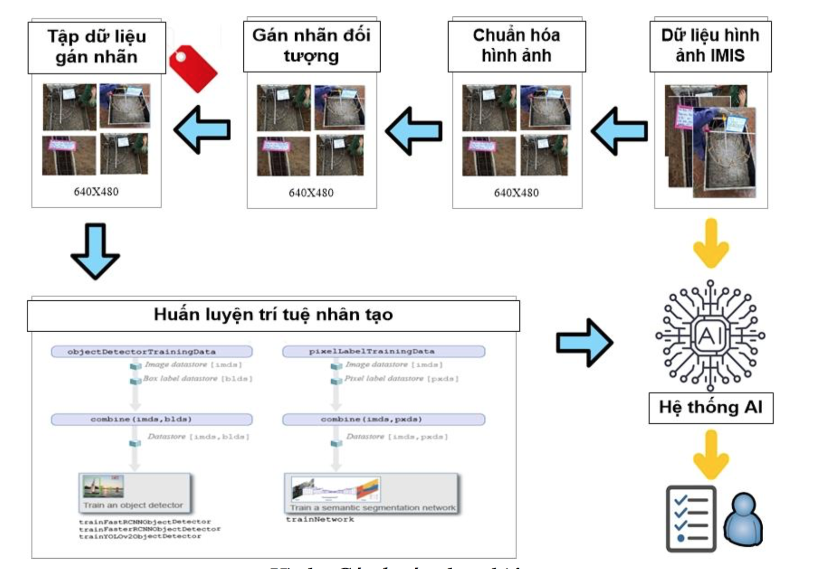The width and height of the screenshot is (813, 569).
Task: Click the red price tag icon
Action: coord(192,69)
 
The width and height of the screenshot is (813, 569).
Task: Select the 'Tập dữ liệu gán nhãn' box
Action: coord(97,47)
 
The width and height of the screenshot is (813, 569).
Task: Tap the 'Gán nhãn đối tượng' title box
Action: coord(311,46)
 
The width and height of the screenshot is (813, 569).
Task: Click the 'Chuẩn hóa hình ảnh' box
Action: coord(516,46)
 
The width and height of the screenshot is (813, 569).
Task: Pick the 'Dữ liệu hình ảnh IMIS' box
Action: coord(710,46)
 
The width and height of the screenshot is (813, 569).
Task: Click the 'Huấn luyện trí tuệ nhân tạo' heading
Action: coord(273,315)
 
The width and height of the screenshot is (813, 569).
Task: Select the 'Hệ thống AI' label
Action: coord(710,407)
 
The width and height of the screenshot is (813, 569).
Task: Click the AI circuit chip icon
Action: coord(710,335)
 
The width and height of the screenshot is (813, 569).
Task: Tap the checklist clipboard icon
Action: coord(691,519)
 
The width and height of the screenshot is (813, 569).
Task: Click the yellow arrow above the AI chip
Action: coord(711,243)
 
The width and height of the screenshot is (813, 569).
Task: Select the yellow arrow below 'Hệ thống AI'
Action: coord(711,454)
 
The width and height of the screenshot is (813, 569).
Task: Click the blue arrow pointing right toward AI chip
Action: coord(584,342)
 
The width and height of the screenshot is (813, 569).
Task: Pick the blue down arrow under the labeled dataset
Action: coord(95,251)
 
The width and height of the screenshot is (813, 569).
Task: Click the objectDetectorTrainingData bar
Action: coord(151,352)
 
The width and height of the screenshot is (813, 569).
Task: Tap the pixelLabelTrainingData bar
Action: coord(383,351)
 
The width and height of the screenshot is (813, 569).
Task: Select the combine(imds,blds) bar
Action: coord(151,420)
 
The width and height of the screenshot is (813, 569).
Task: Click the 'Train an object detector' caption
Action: coord(133,505)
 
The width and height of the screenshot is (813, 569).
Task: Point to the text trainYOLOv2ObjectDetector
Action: coord(140,536)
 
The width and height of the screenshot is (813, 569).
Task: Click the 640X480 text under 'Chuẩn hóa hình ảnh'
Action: coord(516,193)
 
